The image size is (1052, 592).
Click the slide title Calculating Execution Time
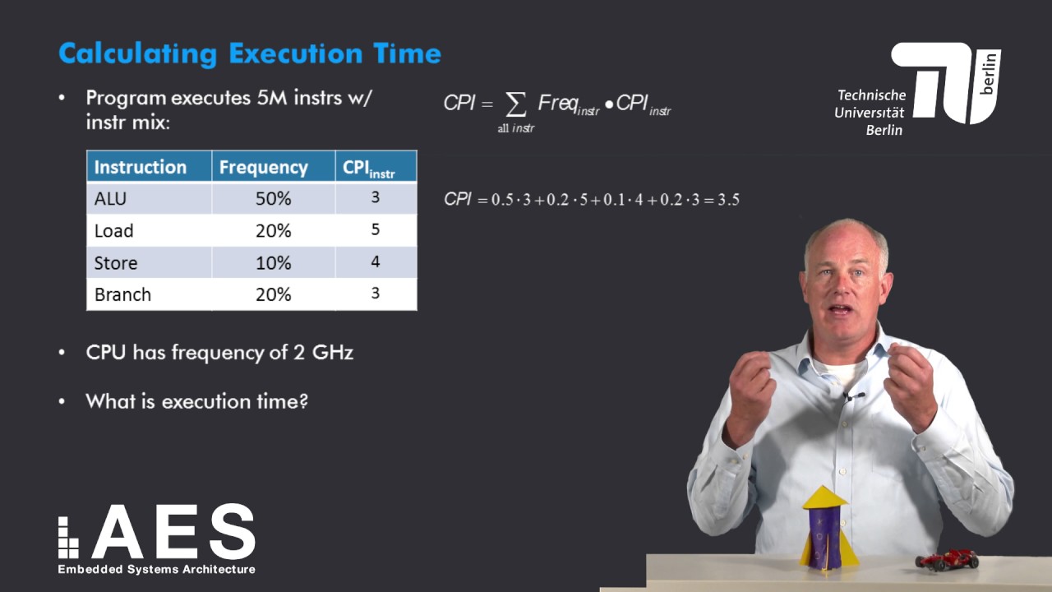click(x=250, y=54)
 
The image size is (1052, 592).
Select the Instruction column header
click(x=141, y=167)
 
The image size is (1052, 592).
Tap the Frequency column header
click(x=263, y=167)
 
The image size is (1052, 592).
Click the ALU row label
click(x=110, y=199)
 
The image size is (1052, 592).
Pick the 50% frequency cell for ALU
click(x=273, y=199)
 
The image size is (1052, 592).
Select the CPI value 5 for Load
click(x=375, y=229)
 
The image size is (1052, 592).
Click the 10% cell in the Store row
click(x=273, y=263)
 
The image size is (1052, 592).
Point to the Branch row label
click(x=122, y=294)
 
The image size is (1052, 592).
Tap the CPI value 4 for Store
click(x=375, y=262)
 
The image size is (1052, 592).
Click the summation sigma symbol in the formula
click(x=515, y=104)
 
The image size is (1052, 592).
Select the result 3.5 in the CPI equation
click(x=728, y=200)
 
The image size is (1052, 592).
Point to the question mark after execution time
click(x=303, y=402)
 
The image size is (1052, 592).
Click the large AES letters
click(x=173, y=532)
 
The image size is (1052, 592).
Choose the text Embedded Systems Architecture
click(x=156, y=569)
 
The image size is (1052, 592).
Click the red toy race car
click(x=947, y=561)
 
